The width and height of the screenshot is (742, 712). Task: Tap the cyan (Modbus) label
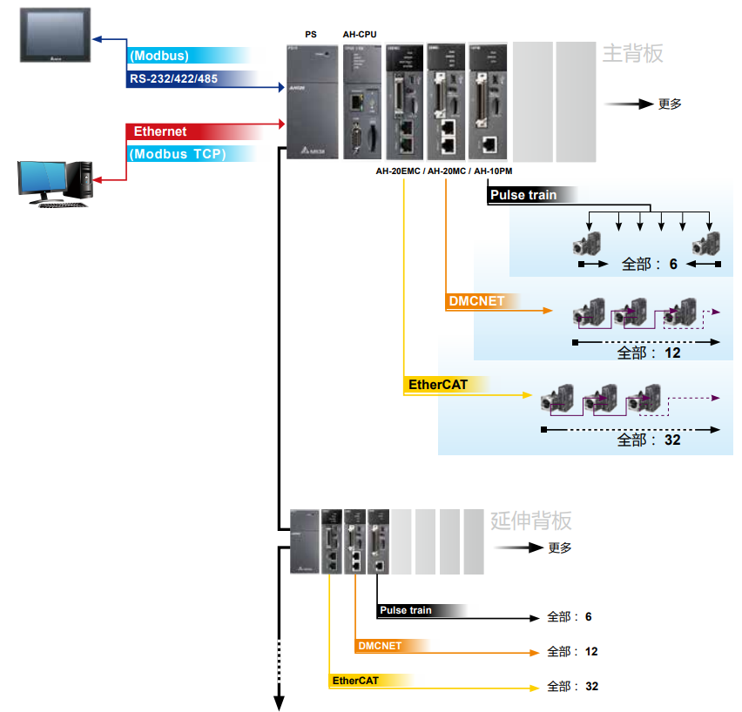[160, 56]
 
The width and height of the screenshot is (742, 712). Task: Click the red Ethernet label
[160, 131]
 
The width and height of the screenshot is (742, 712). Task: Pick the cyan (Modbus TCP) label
[177, 154]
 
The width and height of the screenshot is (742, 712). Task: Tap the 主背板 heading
[632, 54]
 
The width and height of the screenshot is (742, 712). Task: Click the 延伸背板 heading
[531, 521]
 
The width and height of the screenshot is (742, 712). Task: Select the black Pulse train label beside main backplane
[523, 195]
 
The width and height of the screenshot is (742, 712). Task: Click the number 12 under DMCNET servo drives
[671, 353]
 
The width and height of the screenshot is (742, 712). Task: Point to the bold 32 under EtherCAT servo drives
[671, 440]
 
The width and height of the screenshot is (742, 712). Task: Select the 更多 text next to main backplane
[670, 104]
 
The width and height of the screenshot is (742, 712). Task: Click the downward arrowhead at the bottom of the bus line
[280, 702]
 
